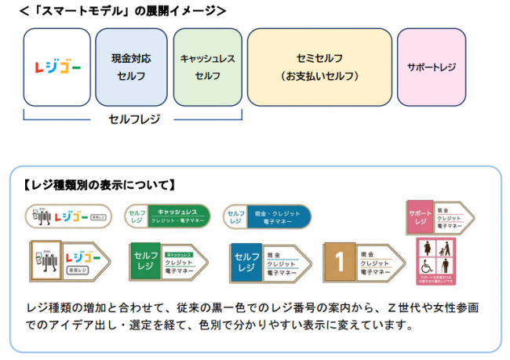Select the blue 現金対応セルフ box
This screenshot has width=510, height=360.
[131, 68]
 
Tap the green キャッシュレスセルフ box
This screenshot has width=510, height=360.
[207, 68]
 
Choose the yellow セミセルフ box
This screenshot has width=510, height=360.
[319, 68]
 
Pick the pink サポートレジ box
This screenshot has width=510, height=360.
[432, 68]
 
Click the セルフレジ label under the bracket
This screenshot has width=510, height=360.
[133, 119]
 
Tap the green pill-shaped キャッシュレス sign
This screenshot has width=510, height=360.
[167, 216]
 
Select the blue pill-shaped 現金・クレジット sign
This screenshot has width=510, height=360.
[266, 216]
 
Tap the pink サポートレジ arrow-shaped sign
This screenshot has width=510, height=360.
[440, 216]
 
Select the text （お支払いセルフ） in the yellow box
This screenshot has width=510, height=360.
[319, 77]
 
